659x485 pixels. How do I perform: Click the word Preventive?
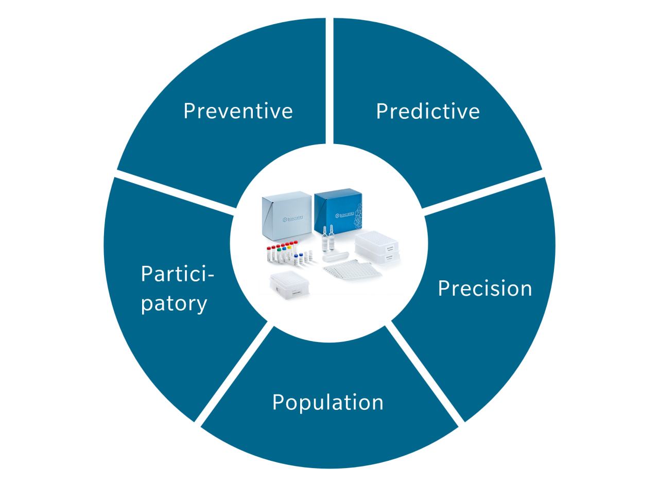(238, 111)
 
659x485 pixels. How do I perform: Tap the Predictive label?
(428, 111)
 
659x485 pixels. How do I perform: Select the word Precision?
(484, 289)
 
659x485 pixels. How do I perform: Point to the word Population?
(327, 402)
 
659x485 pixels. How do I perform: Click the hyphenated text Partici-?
(177, 274)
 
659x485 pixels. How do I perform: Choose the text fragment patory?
(174, 303)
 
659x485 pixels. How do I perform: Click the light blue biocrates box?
(286, 216)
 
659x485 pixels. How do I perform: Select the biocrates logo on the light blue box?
(292, 219)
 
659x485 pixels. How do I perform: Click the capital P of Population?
(278, 402)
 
